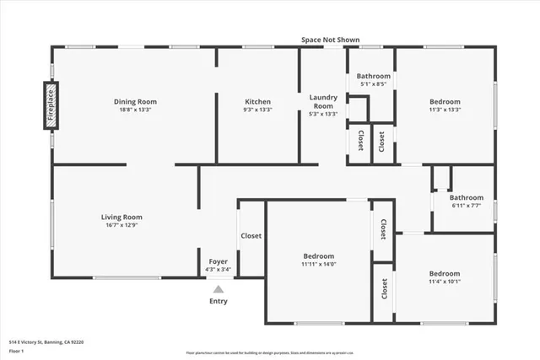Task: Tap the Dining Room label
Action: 136,102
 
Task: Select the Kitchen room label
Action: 257,102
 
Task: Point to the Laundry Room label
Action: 323,101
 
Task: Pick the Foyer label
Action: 218,261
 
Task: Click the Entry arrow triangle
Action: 218,288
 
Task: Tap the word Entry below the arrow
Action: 218,301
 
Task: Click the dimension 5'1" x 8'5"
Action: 373,84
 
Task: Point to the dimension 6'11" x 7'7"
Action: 466,205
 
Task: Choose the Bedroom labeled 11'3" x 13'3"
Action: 444,102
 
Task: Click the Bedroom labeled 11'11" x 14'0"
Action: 318,256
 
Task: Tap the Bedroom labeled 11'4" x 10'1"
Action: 444,273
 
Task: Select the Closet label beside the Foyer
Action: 251,236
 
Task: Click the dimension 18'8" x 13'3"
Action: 136,110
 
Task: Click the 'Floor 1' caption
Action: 18,351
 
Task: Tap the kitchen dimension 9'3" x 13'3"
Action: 257,110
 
